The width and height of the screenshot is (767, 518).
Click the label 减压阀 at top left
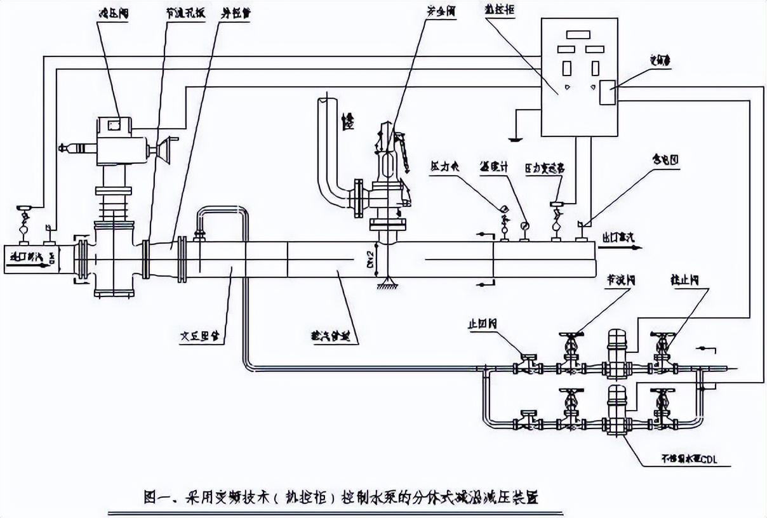point(109,13)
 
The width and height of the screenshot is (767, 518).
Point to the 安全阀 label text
point(440,12)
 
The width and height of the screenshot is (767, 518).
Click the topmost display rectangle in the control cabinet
point(578,35)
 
